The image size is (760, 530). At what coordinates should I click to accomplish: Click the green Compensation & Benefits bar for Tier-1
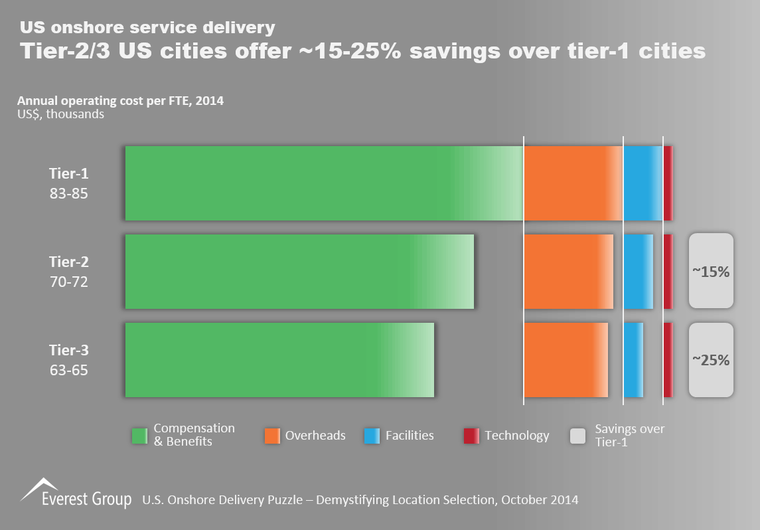click(324, 183)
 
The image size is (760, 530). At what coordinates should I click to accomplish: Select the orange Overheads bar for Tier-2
click(568, 272)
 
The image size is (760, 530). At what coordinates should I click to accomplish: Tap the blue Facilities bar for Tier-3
click(633, 360)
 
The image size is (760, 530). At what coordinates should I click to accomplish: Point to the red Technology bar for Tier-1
click(668, 183)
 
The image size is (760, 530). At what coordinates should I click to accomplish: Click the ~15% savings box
click(711, 271)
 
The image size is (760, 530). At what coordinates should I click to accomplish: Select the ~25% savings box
click(711, 360)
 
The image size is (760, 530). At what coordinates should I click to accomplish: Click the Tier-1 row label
click(68, 174)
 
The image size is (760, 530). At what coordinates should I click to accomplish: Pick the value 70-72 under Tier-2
click(68, 282)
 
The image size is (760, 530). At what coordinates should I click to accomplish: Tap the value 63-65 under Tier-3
click(68, 370)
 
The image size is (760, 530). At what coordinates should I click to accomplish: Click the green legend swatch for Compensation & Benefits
click(139, 436)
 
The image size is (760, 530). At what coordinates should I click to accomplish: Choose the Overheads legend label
click(315, 436)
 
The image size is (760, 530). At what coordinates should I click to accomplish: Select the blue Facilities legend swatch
click(372, 436)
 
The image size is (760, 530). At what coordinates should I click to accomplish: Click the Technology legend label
click(517, 436)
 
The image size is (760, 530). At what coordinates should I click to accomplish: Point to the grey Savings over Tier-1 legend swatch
click(578, 436)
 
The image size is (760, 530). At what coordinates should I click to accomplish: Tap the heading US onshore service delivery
click(147, 27)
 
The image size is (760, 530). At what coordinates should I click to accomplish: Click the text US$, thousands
click(60, 114)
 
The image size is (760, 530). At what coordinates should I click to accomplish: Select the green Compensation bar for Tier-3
click(279, 360)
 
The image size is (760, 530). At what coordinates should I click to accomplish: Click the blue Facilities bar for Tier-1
click(643, 183)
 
